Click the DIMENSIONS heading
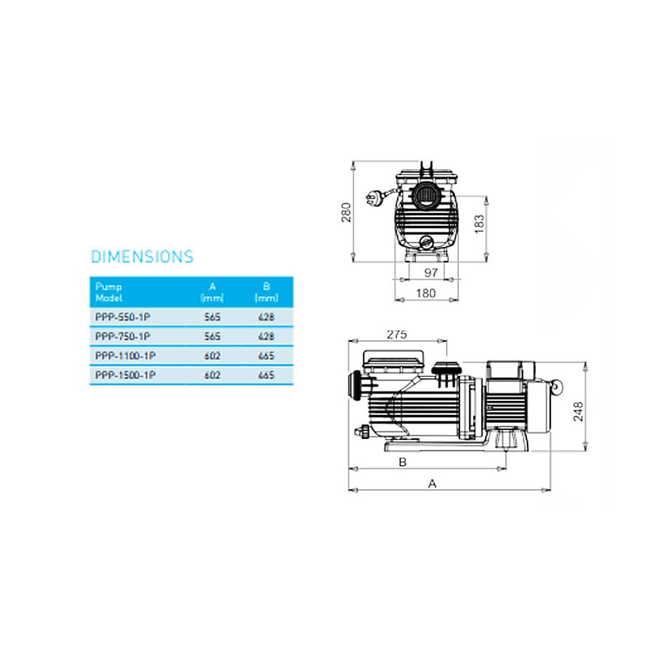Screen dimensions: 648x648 (x=142, y=257)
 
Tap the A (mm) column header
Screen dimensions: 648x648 (x=211, y=292)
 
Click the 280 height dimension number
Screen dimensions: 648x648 (x=347, y=211)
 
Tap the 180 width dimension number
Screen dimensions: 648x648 (x=427, y=292)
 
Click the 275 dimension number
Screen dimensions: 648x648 (x=397, y=334)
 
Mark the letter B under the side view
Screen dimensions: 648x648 (x=403, y=462)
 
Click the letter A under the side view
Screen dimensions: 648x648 (x=433, y=483)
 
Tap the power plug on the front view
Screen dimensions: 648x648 (x=374, y=196)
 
